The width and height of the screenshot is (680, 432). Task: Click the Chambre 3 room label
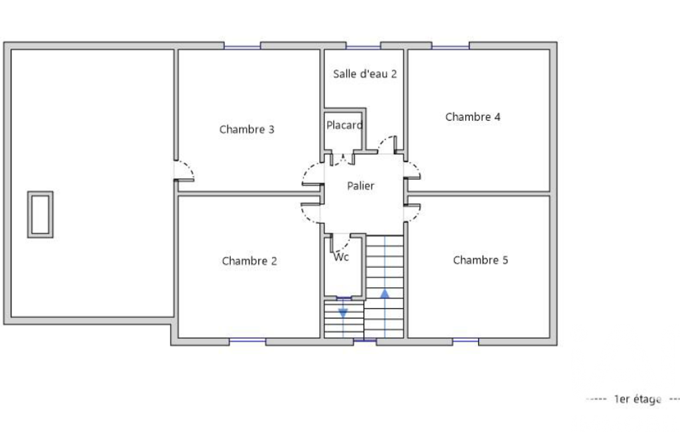[247, 130]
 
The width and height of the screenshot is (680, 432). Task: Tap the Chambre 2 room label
[249, 261]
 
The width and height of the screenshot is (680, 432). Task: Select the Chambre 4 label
[473, 117]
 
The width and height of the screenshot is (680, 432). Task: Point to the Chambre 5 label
[480, 260]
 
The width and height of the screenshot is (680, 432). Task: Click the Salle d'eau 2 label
[365, 74]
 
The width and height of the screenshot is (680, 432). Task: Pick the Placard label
[344, 125]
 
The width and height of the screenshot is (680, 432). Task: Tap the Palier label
[360, 186]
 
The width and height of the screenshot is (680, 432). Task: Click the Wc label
[341, 257]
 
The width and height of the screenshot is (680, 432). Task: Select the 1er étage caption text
[638, 399]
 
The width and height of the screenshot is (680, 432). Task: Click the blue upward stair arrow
[385, 294]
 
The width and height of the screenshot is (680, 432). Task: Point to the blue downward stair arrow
[343, 313]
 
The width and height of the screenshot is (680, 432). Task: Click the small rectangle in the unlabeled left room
[40, 215]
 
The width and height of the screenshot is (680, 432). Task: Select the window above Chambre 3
[242, 46]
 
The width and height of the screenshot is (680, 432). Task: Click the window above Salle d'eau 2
[363, 46]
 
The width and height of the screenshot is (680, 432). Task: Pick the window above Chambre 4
[450, 46]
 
